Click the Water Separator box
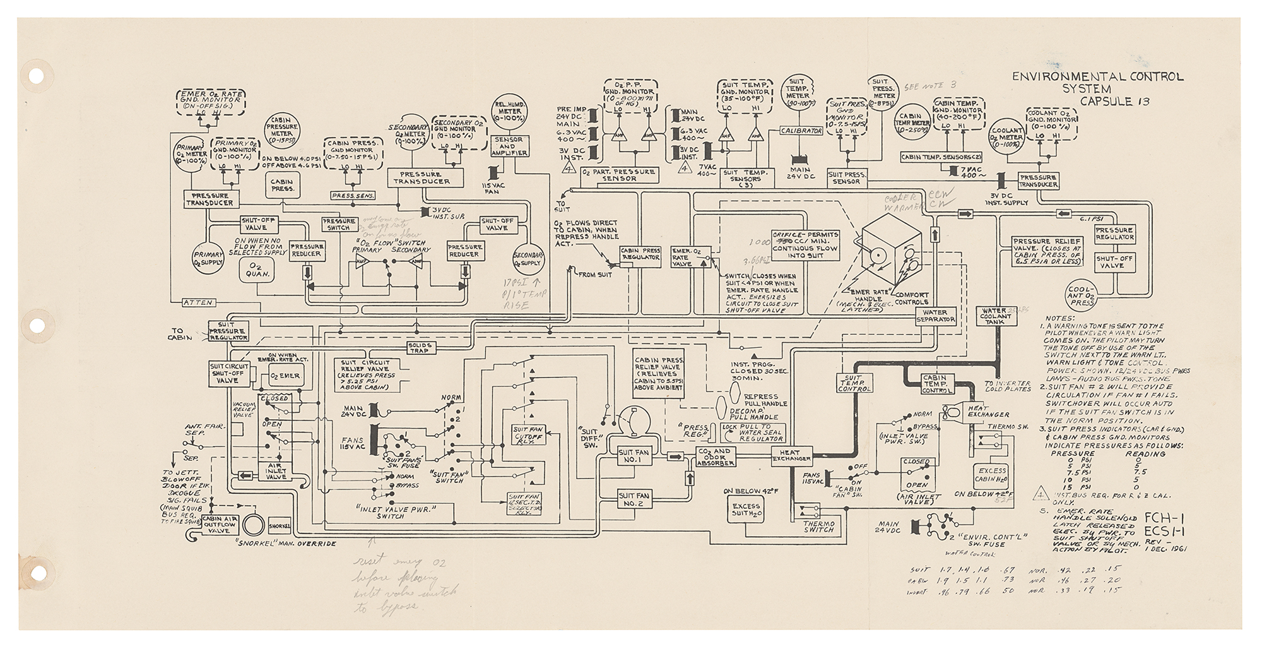pos(935,316)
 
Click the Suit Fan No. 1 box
pos(634,456)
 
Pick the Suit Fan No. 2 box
pos(634,500)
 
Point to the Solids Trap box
pos(419,348)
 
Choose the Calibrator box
pos(801,131)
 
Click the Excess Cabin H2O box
pos(991,475)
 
